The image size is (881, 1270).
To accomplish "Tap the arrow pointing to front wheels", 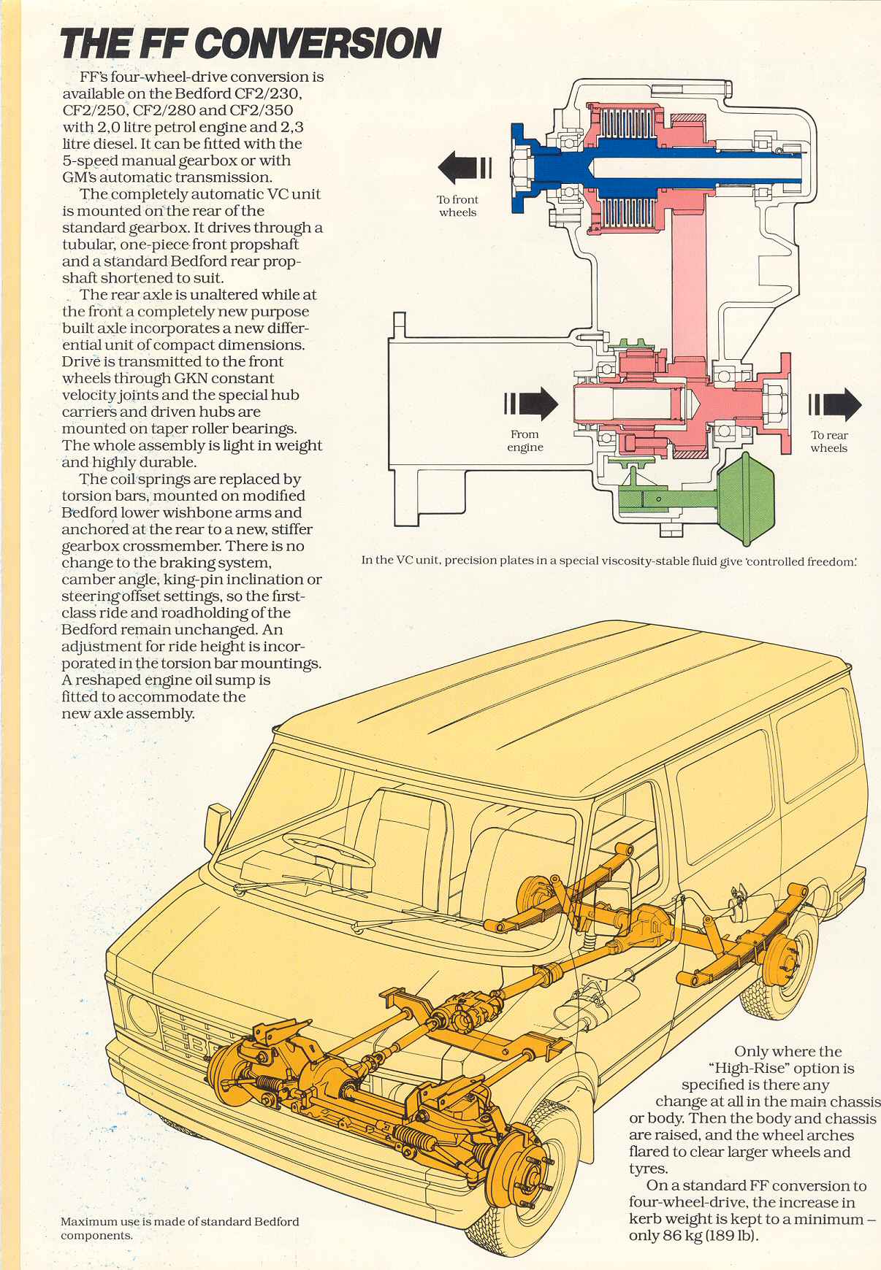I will click(x=465, y=168).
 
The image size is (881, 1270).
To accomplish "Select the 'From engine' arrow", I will click(x=531, y=404).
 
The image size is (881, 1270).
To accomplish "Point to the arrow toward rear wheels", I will click(x=835, y=404).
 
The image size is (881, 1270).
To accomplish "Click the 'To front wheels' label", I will click(x=457, y=206).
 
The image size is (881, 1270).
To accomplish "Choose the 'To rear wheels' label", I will click(x=829, y=442).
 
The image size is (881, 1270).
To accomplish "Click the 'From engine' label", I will click(x=525, y=440).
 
